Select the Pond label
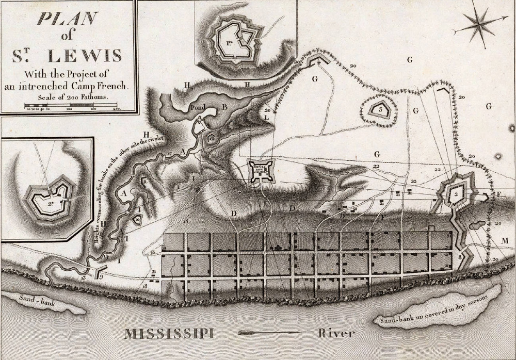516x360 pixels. click(197, 108)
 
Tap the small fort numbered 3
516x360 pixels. click(379, 109)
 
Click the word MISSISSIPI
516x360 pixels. click(169, 334)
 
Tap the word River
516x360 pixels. click(336, 333)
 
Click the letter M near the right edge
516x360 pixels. click(505, 241)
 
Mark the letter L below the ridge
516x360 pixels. click(266, 119)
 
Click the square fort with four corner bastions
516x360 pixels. click(260, 170)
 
